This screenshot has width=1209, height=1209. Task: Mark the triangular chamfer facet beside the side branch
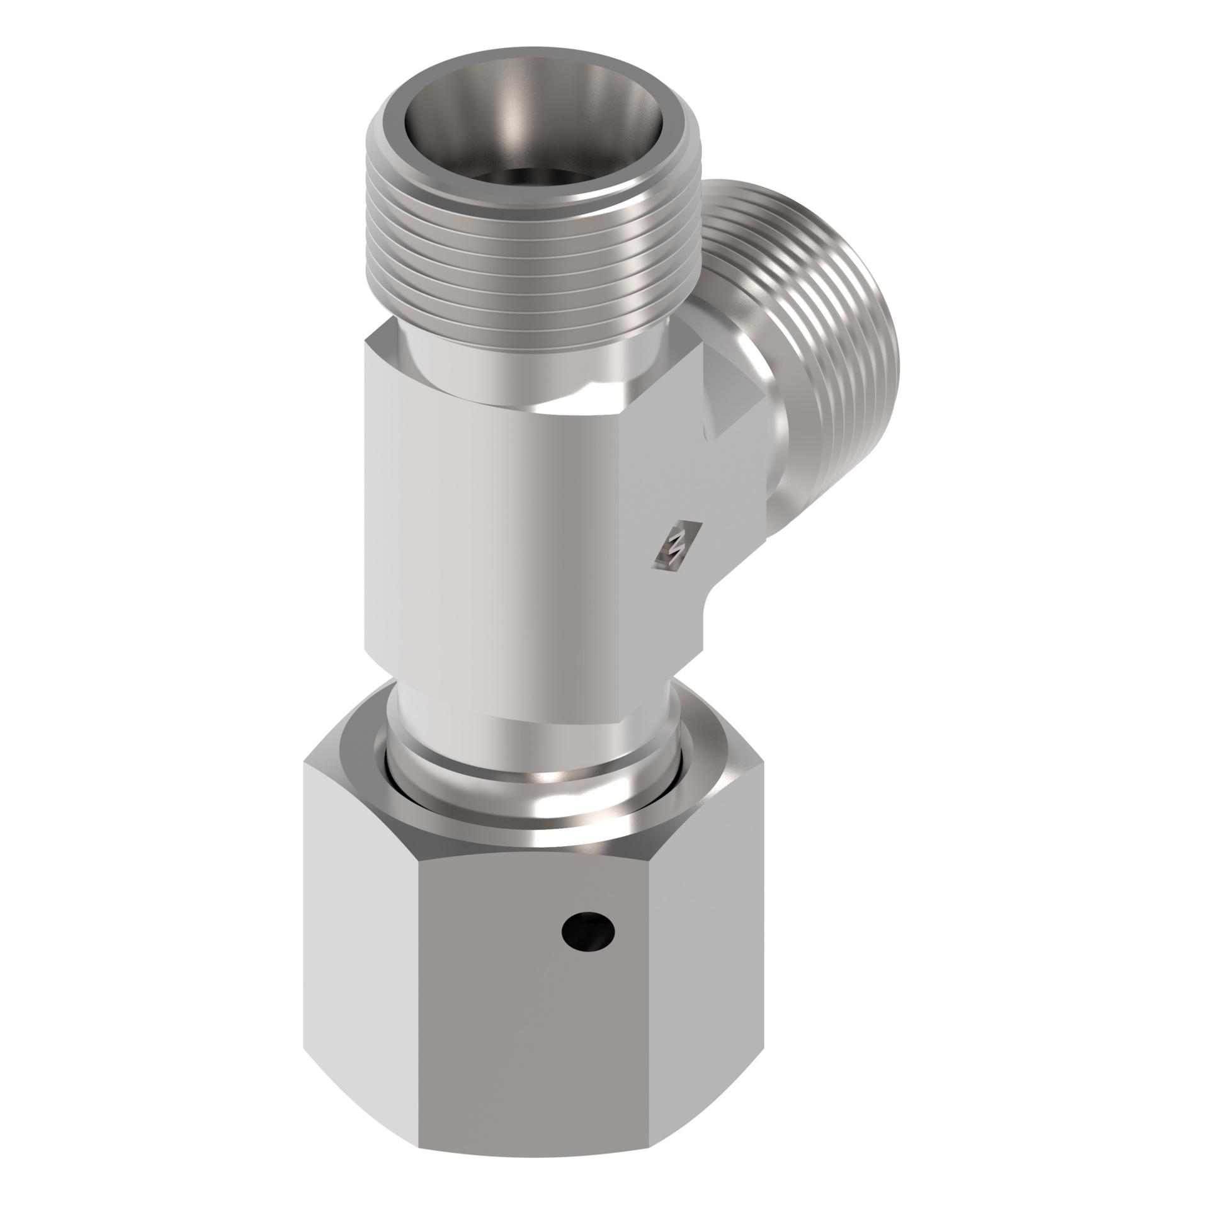click(x=730, y=403)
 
